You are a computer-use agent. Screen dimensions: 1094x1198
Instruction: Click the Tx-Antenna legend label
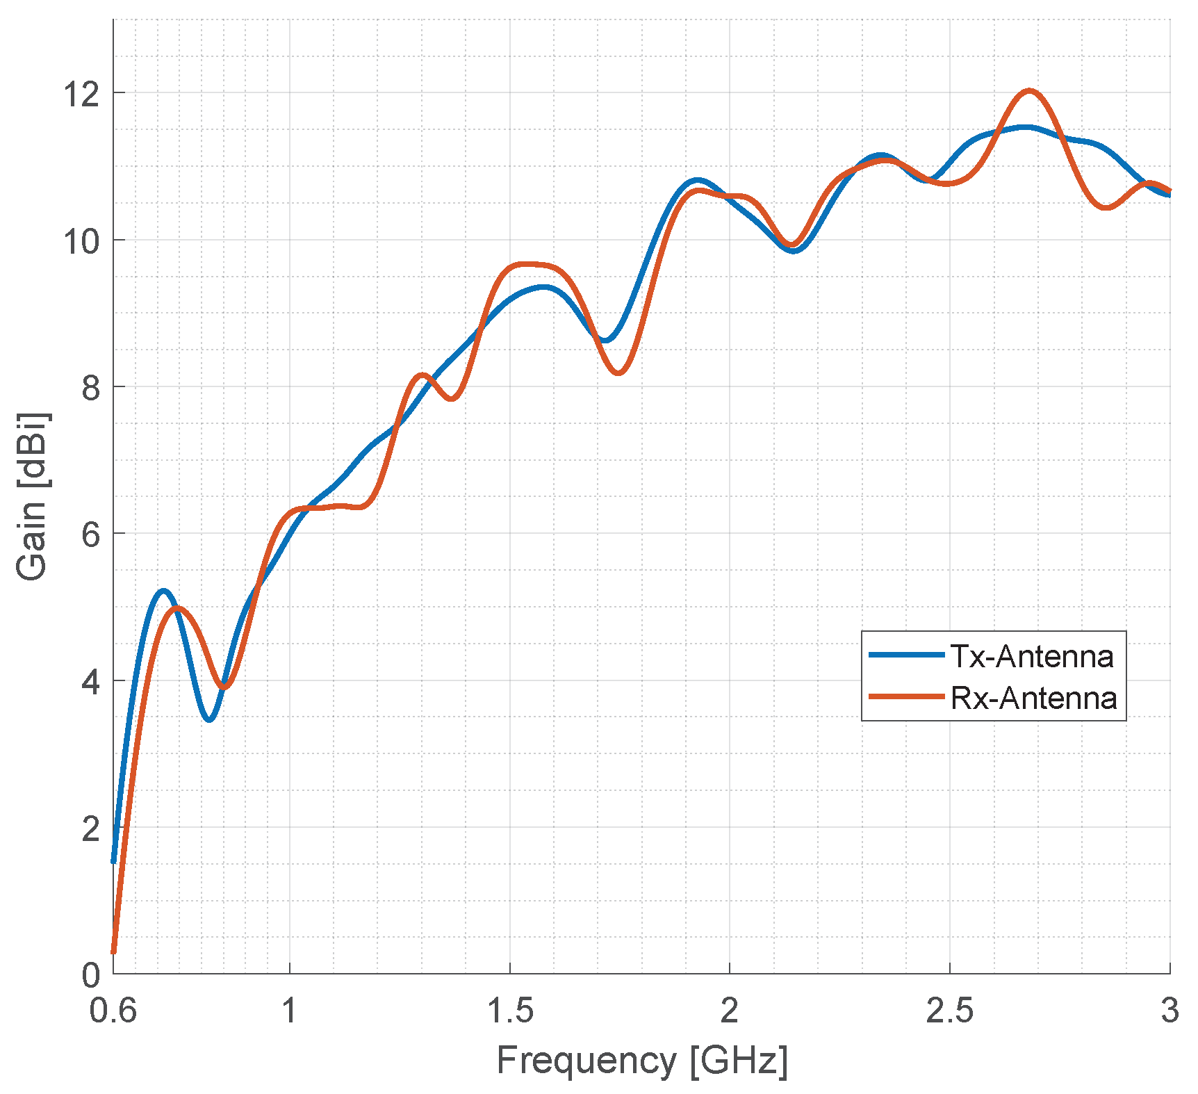1031,656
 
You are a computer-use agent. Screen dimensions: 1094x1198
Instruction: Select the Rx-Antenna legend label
1033,698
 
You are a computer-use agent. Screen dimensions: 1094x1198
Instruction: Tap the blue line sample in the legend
906,655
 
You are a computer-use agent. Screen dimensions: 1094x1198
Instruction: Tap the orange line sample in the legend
906,696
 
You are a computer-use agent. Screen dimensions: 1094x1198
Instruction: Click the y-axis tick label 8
91,387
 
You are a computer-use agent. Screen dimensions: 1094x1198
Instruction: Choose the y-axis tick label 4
91,681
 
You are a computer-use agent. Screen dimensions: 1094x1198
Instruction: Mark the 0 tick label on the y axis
91,975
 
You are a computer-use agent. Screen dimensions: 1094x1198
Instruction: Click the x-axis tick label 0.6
113,1011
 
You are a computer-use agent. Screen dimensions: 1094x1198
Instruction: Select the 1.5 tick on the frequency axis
509,1011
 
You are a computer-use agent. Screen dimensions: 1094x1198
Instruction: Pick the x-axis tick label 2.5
949,1011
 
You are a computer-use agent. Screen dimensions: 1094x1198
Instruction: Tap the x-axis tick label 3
1170,1011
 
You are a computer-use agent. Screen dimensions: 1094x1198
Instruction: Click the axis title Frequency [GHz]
642,1061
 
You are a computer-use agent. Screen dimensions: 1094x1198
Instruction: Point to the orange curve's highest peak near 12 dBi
1029,91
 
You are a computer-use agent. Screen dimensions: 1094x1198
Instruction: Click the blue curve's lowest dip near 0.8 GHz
209,719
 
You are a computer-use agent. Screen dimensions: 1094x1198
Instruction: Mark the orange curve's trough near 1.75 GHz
618,373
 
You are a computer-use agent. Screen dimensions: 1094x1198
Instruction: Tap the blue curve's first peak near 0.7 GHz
163,591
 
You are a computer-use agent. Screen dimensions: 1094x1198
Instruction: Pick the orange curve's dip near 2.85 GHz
1106,207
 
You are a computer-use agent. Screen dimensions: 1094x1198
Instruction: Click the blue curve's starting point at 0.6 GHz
114,860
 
